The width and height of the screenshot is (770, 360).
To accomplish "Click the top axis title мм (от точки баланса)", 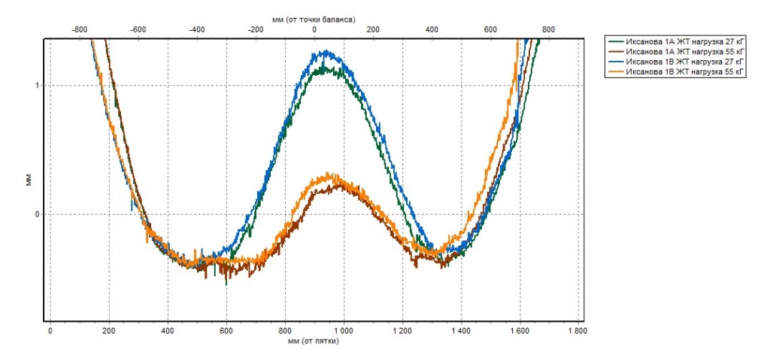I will tap(314, 17).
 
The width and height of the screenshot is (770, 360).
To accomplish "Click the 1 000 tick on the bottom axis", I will tap(343, 330).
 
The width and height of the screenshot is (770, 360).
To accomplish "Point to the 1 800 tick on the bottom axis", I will tap(577, 330).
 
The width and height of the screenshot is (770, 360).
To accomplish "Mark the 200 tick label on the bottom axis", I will tap(108, 330).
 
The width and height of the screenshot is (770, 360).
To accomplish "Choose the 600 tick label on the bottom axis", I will tap(226, 330).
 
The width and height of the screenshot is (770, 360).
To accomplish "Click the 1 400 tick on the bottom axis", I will tap(460, 330).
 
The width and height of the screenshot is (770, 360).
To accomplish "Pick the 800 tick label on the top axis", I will tap(549, 29).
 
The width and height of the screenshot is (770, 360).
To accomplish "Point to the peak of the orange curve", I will tap(328, 174).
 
